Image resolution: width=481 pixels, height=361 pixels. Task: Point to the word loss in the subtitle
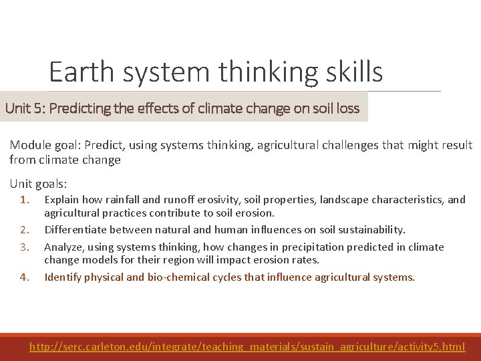tap(347, 108)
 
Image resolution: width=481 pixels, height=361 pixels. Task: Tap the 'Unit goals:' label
tap(39, 183)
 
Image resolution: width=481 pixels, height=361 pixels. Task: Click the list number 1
tap(25, 199)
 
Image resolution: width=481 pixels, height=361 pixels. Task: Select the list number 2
tap(25, 229)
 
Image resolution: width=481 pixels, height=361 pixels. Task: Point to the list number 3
tap(25, 247)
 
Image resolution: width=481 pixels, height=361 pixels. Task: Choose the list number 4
tap(25, 277)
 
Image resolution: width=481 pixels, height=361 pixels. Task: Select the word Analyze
tap(62, 247)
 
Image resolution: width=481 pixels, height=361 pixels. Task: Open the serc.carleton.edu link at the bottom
tap(247, 346)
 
